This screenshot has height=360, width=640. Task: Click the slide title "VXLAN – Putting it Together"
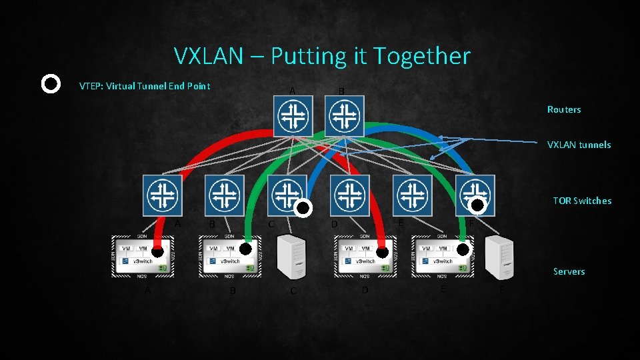pos(321,56)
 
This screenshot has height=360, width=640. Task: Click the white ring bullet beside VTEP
pos(51,85)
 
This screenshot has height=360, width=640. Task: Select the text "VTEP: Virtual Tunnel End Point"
pos(145,85)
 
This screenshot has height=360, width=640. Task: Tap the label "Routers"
pos(564,109)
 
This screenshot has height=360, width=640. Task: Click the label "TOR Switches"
pos(582,201)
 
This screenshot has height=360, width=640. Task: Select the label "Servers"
pos(569,271)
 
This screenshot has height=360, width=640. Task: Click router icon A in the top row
pos(293,116)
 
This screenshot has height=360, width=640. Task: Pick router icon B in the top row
pos(344,116)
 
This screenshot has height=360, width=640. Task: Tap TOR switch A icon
pos(163,195)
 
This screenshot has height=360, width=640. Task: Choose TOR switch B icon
pos(225,195)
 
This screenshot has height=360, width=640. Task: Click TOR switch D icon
pos(350,195)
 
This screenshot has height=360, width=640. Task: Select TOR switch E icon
pos(412,195)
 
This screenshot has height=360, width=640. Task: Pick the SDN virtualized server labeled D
pos(365,257)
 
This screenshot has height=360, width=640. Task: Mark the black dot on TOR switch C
pos(303,209)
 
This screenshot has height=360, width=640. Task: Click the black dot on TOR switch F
pos(477,207)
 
